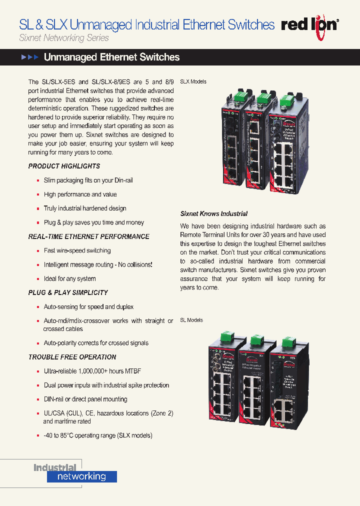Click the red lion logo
click(310, 24)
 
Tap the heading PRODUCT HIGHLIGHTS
click(64, 166)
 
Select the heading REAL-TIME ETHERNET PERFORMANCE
click(88, 236)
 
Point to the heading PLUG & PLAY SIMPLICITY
click(68, 292)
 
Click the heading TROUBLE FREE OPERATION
click(72, 357)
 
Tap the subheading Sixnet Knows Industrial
click(214, 213)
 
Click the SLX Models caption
click(193, 81)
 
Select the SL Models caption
click(191, 320)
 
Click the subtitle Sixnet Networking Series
click(64, 38)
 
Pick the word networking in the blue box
click(81, 476)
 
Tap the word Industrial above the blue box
click(55, 468)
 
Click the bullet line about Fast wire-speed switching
click(77, 250)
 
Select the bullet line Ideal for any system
click(69, 278)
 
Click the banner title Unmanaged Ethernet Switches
click(111, 57)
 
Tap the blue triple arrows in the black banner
click(29, 57)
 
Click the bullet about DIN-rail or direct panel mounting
click(85, 399)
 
